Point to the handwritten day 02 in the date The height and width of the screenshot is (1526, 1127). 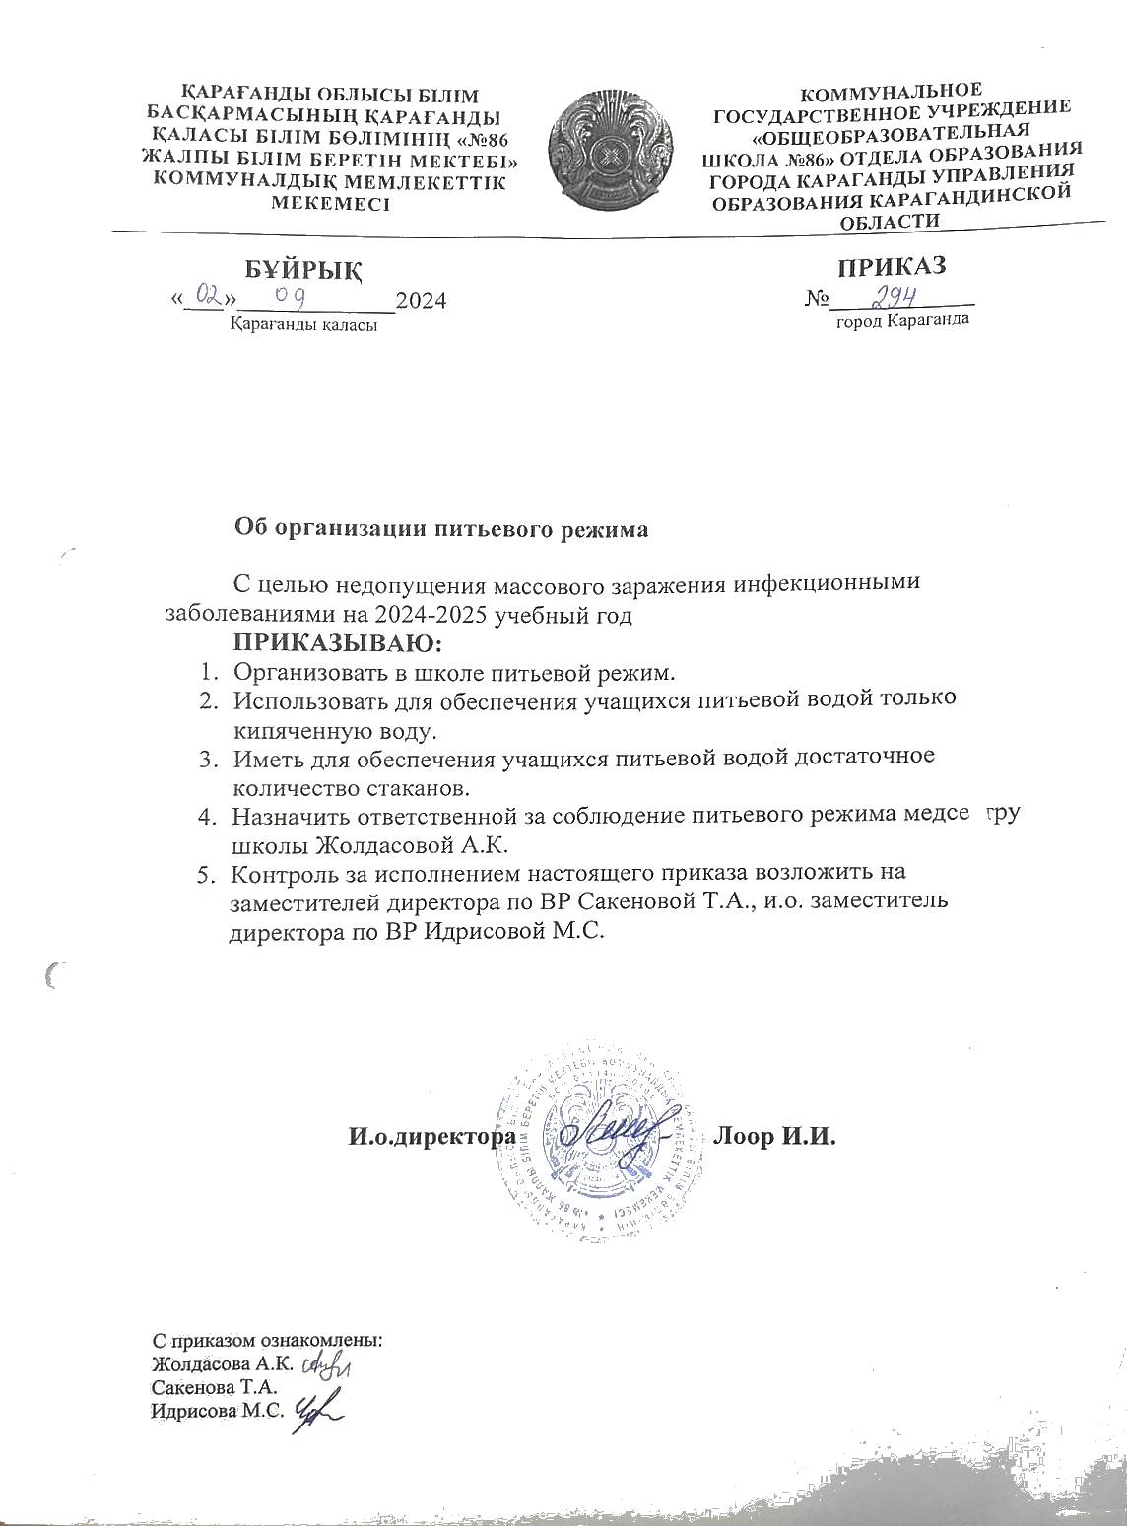207,295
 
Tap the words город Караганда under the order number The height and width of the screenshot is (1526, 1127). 902,321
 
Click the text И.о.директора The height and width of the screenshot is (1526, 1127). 433,1137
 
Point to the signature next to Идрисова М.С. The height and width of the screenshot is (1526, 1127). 317,1411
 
